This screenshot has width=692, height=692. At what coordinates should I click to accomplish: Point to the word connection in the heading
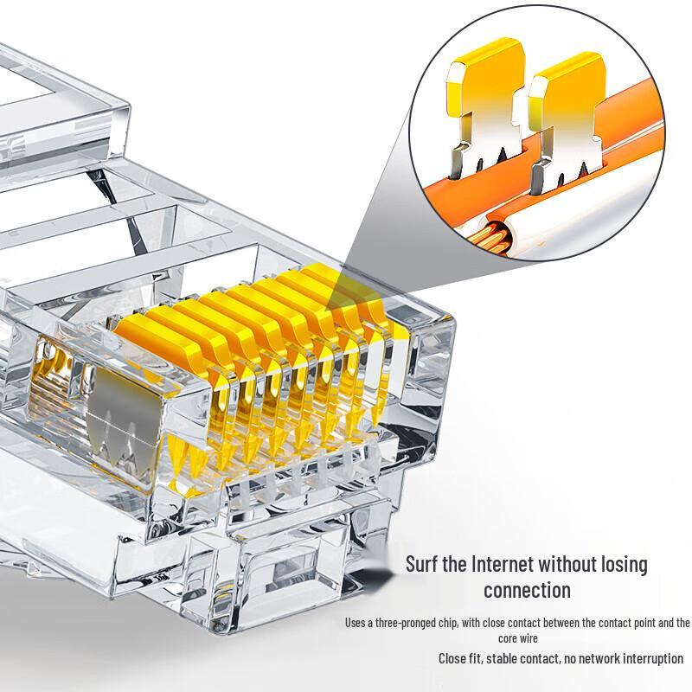[x=527, y=591]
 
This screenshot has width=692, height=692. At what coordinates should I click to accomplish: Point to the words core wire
[x=519, y=638]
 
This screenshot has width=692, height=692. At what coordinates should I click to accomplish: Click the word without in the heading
[x=571, y=565]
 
